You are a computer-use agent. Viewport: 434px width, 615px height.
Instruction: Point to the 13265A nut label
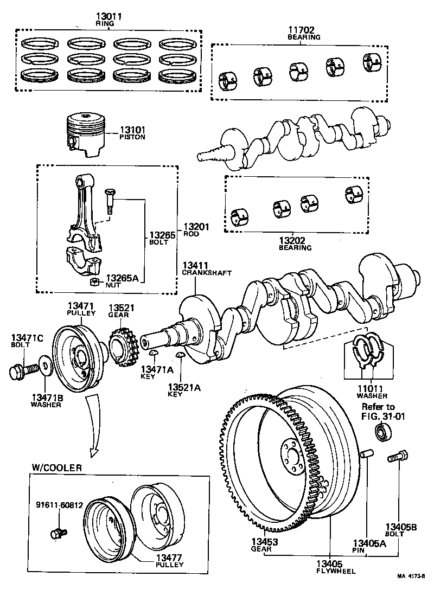click(x=122, y=278)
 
